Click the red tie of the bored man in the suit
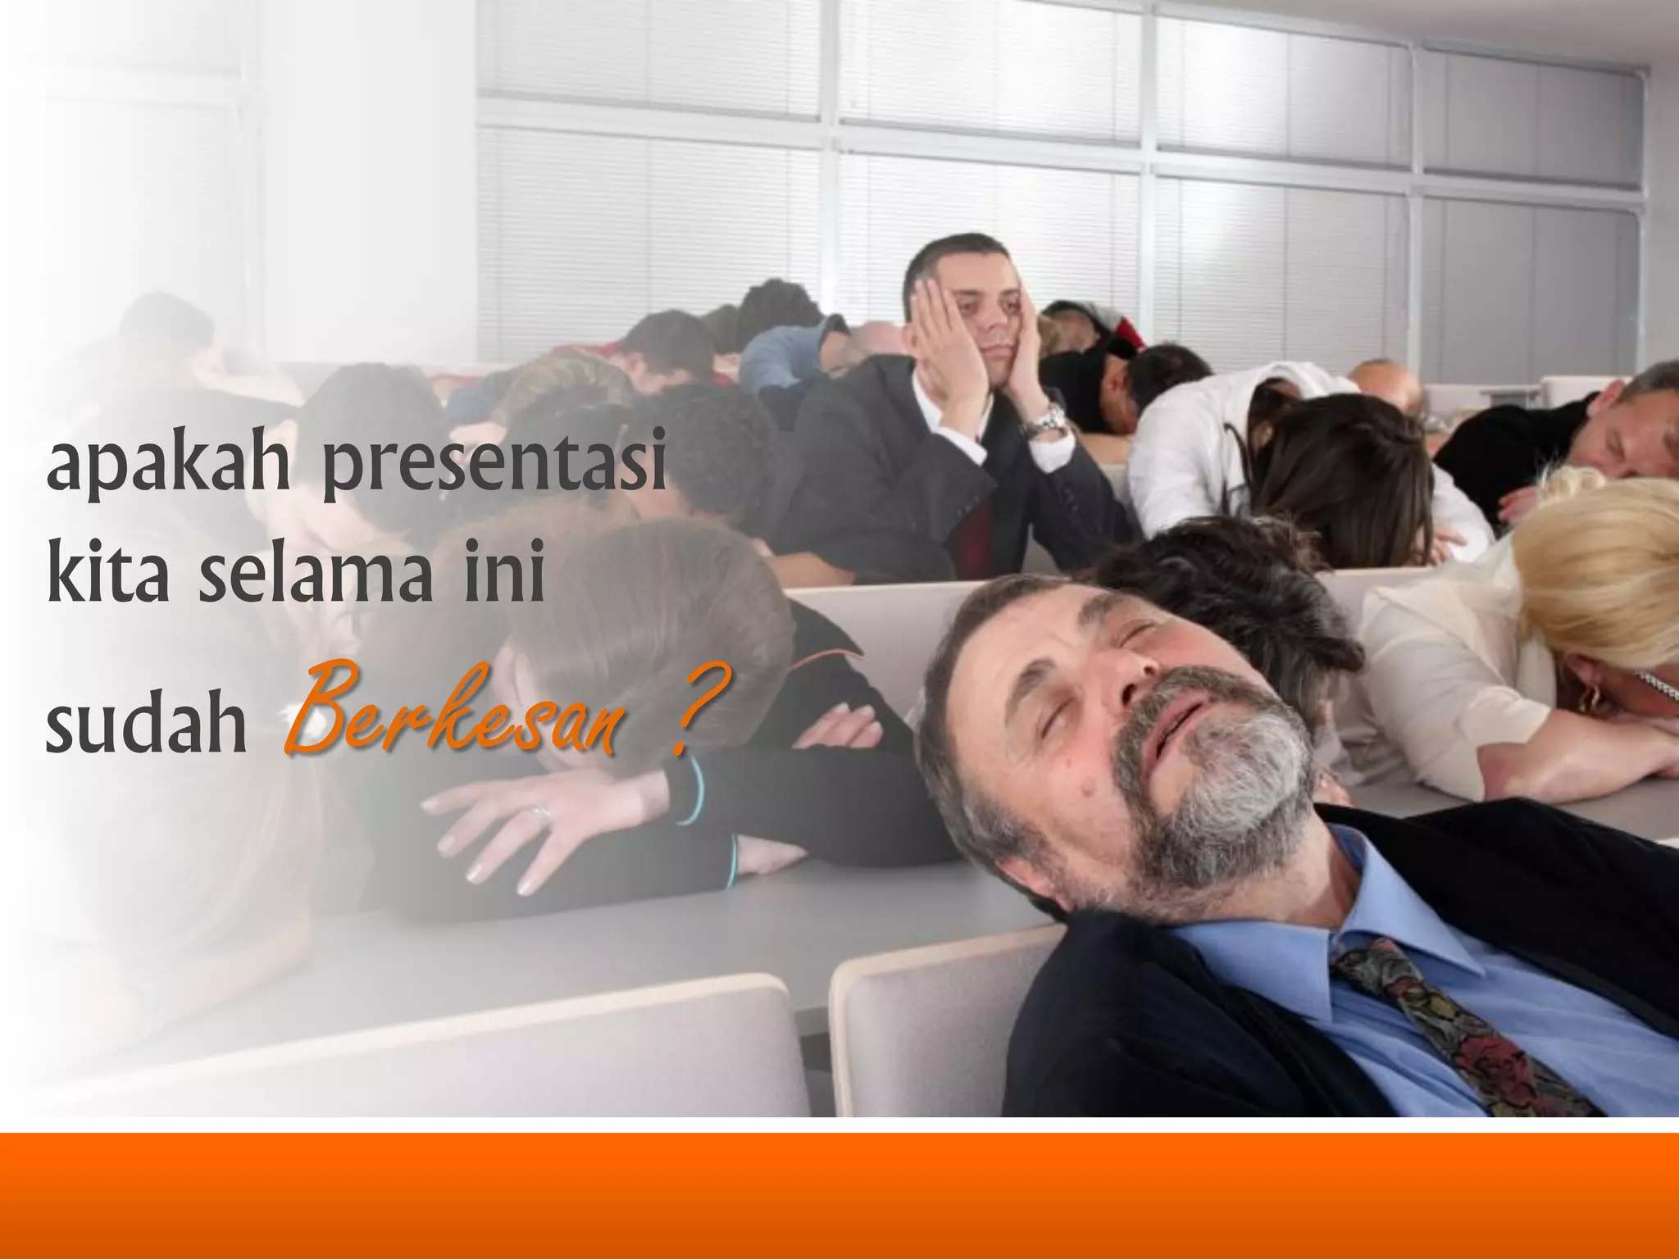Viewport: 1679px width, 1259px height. [976, 525]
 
